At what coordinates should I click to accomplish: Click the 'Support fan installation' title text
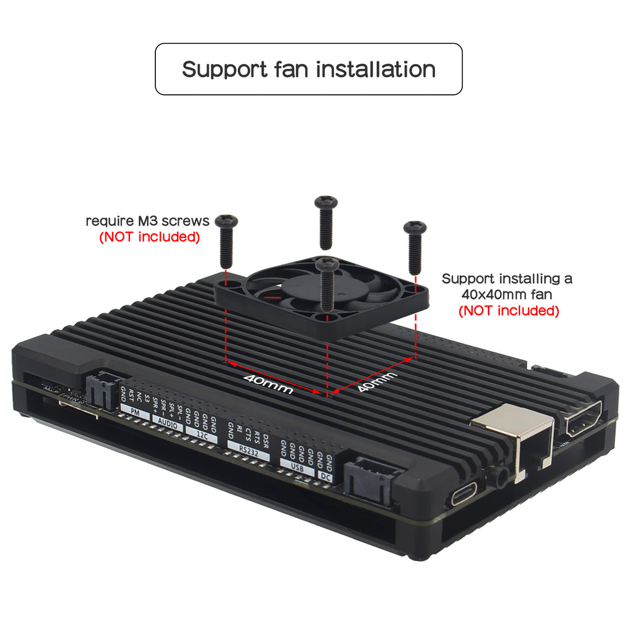[x=308, y=69]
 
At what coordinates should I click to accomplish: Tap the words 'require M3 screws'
[x=147, y=221]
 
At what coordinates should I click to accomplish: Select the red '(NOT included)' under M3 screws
[x=150, y=237]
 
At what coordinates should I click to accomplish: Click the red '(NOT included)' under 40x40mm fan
[x=509, y=311]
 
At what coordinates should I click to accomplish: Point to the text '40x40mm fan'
[x=507, y=295]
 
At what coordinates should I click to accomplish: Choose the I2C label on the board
[x=202, y=433]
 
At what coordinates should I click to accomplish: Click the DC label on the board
[x=325, y=476]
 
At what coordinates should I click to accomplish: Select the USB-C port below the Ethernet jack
[x=464, y=497]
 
